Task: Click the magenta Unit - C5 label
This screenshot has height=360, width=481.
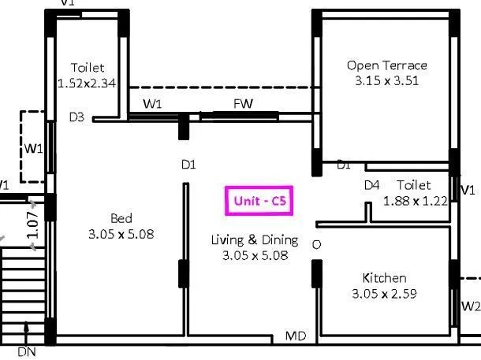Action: (259, 201)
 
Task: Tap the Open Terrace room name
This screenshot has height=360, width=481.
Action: (387, 65)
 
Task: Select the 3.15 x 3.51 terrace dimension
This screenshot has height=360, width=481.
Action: (387, 80)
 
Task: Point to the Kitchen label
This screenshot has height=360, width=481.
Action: (384, 278)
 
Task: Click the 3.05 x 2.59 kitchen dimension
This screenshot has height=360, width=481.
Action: (384, 293)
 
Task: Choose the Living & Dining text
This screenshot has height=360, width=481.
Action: (254, 239)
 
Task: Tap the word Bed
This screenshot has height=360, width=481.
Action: (121, 218)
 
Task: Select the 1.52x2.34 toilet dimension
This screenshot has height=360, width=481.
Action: (88, 82)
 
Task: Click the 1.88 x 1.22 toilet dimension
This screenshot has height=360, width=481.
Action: (415, 200)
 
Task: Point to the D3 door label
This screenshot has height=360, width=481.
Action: (76, 117)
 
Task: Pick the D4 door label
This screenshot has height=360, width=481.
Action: (371, 185)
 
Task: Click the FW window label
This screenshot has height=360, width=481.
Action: (242, 104)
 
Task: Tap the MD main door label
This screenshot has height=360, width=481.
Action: (296, 336)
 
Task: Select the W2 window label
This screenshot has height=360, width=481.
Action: (470, 306)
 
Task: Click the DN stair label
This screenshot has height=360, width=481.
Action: (26, 351)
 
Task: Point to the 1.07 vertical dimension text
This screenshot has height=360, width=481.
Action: (32, 225)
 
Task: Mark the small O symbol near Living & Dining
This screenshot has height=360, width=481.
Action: (316, 245)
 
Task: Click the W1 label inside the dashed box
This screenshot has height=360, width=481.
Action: (32, 147)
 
